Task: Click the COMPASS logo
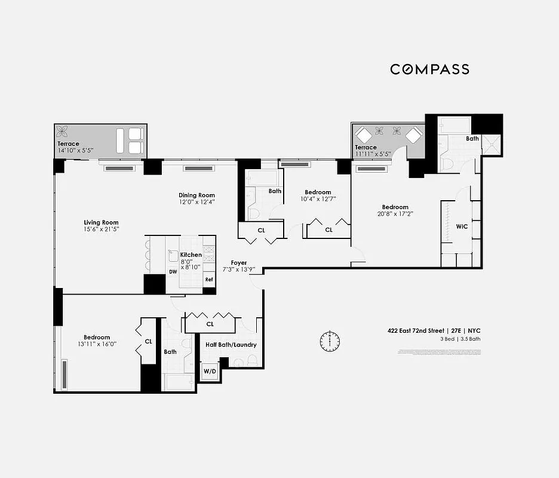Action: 429,69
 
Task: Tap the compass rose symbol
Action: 329,341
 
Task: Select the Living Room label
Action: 101,223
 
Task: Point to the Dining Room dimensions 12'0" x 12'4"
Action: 196,202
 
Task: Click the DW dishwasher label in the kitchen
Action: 173,271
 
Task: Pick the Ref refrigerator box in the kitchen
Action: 209,279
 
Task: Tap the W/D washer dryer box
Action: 210,370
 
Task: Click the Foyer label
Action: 239,263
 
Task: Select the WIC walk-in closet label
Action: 462,226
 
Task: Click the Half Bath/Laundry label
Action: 231,345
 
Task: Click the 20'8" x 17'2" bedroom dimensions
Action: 395,214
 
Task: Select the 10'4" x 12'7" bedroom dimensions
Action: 317,199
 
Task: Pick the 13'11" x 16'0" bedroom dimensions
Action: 96,344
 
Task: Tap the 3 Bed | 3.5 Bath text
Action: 460,339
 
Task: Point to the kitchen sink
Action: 173,255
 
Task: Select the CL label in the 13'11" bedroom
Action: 148,342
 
